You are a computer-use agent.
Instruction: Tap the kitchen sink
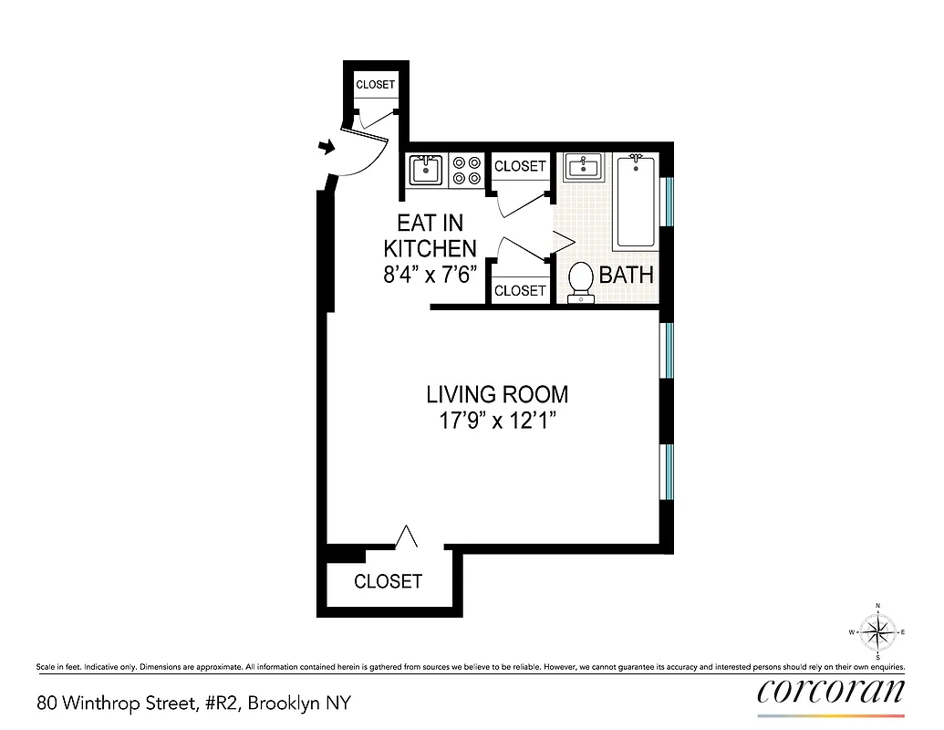coord(425,170)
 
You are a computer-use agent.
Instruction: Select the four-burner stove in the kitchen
coord(467,170)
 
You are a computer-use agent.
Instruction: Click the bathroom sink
coord(582,167)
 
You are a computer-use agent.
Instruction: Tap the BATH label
coord(626,275)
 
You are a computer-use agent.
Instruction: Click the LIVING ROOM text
coord(497,394)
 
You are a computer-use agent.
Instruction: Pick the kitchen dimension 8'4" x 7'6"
coord(430,274)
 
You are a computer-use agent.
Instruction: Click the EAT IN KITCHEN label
coord(430,235)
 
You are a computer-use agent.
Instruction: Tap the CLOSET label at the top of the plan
coord(375,84)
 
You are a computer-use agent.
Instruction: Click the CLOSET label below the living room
coord(388,581)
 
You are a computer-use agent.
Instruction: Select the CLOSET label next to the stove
coord(519,166)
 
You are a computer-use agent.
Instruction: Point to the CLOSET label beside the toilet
coord(519,290)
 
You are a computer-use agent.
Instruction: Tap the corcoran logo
coord(831,690)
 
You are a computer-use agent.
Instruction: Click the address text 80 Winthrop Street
coord(192,704)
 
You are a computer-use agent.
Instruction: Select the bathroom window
coord(669,201)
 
